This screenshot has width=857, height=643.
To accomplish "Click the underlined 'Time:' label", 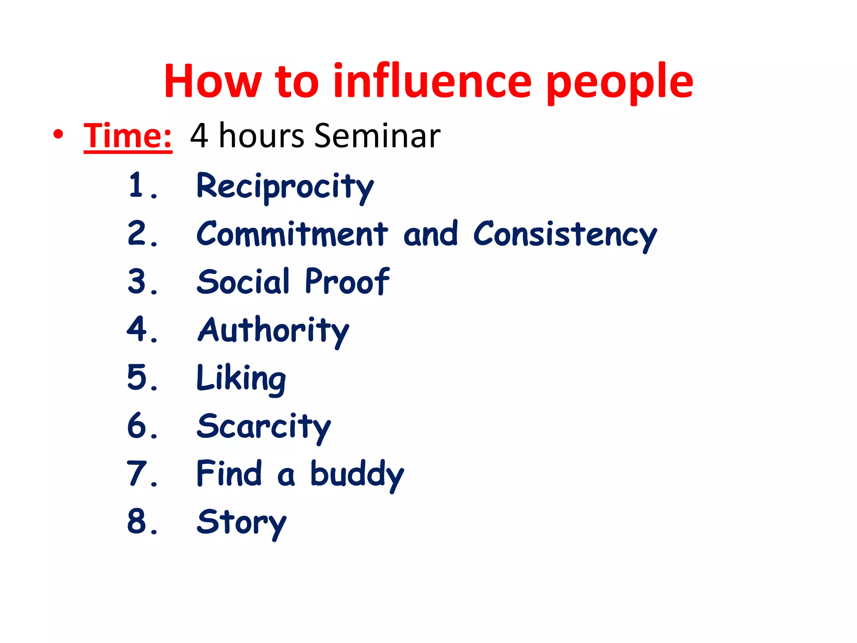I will point(128,136).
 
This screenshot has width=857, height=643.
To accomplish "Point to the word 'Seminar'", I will point(377,136).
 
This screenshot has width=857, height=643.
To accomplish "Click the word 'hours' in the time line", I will point(261,136).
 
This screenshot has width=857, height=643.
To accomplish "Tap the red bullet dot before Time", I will point(58,134).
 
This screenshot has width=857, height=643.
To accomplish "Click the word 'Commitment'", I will point(292,234).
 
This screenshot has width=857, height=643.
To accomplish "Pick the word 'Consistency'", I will point(565,235).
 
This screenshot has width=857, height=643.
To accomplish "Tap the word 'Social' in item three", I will point(243,281).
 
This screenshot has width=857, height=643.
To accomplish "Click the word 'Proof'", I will point(347,281).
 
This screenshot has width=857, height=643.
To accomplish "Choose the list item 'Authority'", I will point(273,331).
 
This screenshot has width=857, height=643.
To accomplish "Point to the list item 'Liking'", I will point(241,379).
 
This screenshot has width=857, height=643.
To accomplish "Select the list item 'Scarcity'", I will point(264,427).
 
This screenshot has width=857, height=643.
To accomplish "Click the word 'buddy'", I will point(357,475).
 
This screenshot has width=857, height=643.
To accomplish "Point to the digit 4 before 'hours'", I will point(199,136).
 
